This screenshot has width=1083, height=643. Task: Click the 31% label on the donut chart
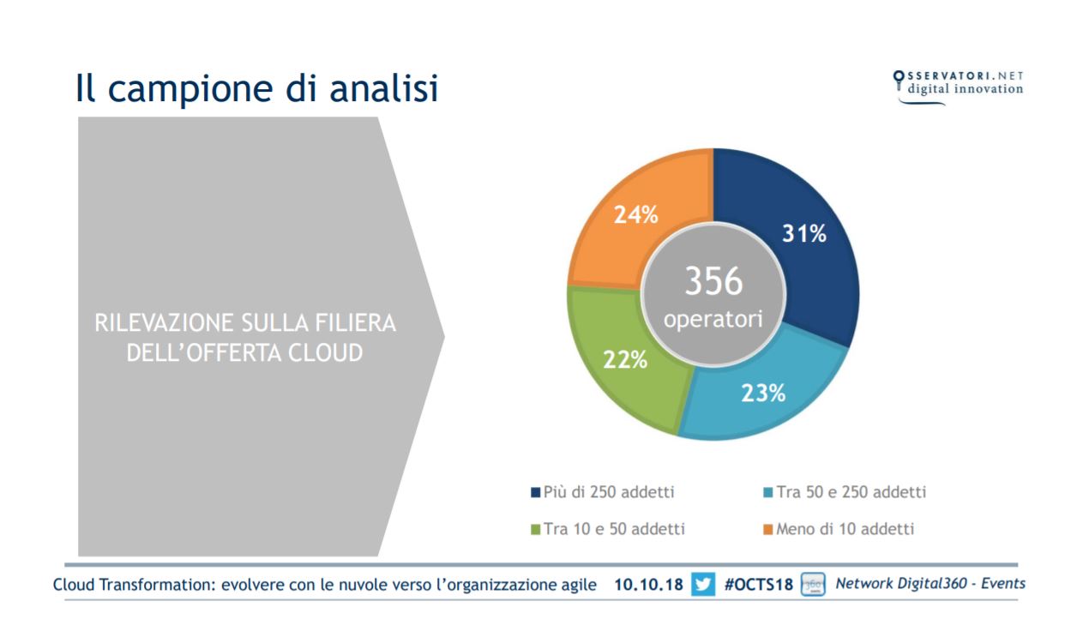point(804,233)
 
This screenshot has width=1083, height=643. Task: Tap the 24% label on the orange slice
point(635,214)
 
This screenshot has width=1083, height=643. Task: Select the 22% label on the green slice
point(624,360)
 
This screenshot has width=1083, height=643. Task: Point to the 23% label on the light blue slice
point(763,393)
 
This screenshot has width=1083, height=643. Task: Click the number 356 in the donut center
point(713,281)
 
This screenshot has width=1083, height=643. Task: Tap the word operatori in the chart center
point(713,319)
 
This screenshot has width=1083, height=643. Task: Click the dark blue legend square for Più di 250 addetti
point(535,493)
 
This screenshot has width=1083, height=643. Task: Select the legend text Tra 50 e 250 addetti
point(851,492)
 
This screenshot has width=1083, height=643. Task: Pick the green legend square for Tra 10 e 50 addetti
point(535,530)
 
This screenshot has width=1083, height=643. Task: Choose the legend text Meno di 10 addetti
point(845,529)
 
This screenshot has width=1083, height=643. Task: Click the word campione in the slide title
point(191,89)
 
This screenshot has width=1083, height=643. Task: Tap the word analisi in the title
point(383,87)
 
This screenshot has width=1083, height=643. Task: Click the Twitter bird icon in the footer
point(703,585)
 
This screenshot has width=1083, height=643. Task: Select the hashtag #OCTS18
point(759,585)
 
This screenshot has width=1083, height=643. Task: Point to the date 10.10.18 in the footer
point(648,585)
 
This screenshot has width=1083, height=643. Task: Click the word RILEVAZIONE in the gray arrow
point(164,323)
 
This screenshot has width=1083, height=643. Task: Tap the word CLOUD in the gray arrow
point(325,353)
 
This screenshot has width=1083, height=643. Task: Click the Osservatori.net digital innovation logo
point(959,87)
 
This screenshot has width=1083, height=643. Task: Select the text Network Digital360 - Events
point(930,584)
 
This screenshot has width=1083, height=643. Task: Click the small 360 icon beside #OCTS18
point(813,585)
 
